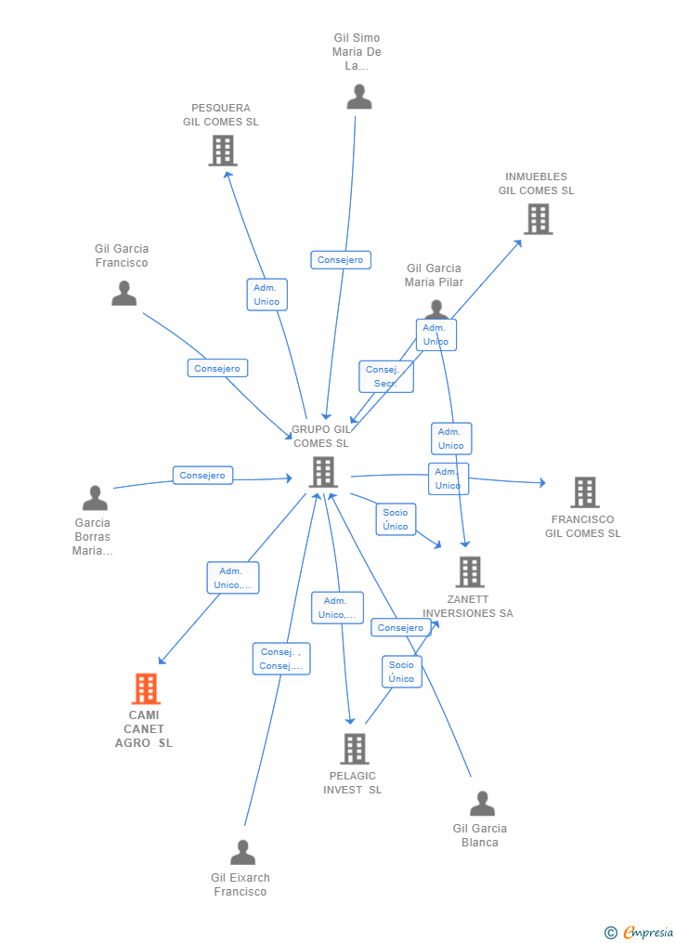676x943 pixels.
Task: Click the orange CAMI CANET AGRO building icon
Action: click(146, 688)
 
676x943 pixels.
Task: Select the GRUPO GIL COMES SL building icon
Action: click(322, 472)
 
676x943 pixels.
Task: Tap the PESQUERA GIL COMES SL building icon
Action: click(223, 150)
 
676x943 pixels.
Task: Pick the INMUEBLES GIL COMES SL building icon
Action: click(539, 218)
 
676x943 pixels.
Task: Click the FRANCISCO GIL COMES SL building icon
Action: click(584, 492)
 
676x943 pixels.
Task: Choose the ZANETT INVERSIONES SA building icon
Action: click(470, 571)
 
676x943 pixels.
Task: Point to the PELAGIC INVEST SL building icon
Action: click(354, 748)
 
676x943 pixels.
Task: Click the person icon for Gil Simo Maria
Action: click(359, 97)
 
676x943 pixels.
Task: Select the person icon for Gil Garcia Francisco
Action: click(123, 294)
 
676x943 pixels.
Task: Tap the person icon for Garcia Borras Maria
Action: click(95, 498)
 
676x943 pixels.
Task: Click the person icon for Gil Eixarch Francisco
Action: click(242, 852)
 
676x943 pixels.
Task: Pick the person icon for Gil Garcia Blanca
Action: click(482, 803)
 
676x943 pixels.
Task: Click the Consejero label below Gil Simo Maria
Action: click(341, 260)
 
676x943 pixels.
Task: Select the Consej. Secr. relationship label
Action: click(385, 376)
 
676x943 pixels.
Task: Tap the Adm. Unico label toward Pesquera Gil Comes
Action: click(266, 295)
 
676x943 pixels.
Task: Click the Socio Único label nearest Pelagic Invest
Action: click(401, 672)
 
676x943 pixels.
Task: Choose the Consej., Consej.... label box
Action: click(280, 659)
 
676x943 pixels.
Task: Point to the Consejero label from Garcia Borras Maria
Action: click(202, 476)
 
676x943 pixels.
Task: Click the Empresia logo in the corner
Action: click(640, 932)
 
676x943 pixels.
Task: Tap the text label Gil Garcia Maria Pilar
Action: click(434, 275)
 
